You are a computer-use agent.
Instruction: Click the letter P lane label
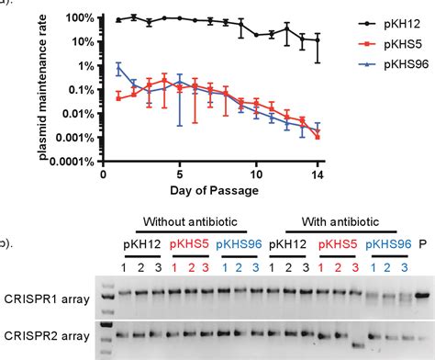pos(422,242)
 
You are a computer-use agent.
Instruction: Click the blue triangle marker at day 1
pos(118,66)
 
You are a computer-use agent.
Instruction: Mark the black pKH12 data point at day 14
pos(318,40)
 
